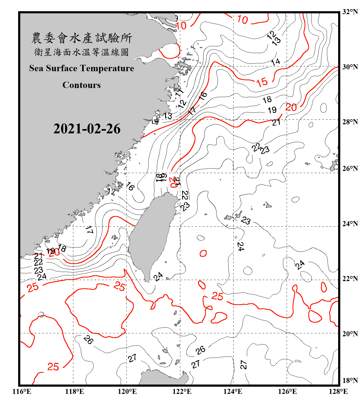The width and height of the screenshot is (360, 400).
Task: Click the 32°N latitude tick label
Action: pos(350,12)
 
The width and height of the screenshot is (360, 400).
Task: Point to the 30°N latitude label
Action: pos(350,67)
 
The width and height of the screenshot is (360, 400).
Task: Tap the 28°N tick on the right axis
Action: pos(350,122)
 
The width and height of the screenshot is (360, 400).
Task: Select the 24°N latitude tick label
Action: pos(350,224)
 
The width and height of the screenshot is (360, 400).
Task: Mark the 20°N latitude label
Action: pos(350,334)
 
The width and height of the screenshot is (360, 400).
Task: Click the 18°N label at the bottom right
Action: pos(350,381)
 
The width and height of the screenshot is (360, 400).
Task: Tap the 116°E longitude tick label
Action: pos(22,391)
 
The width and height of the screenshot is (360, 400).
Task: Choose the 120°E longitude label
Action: pos(127,391)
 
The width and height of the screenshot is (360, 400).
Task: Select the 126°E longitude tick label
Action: pos(287,391)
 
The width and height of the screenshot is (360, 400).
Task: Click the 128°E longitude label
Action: pos(338,391)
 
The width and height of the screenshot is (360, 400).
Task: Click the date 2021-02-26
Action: pos(87,129)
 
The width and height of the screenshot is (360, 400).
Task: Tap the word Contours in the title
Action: pos(82,85)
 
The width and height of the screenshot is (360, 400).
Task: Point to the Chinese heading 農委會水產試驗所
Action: pos(82,38)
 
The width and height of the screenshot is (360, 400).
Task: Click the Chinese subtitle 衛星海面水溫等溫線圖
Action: pos(82,52)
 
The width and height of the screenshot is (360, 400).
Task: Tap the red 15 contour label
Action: pos(262,82)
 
